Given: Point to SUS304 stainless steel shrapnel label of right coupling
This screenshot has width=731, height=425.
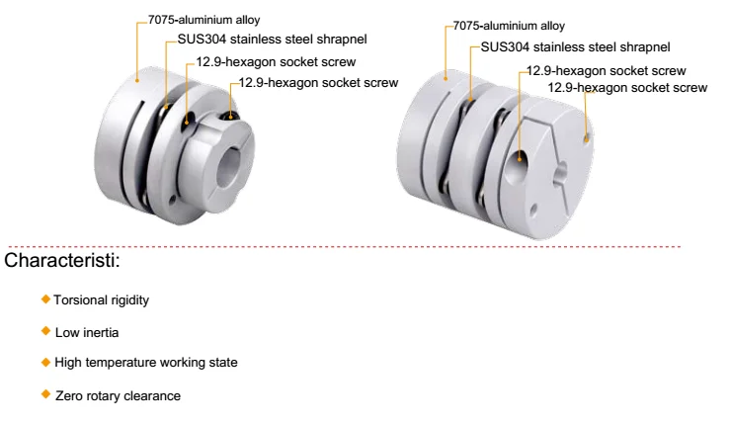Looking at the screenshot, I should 575,45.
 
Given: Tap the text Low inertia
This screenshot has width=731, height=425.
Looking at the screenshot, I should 87,331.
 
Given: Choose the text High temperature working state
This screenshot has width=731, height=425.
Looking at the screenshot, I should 146,363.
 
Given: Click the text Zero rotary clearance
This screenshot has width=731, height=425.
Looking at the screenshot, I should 118,395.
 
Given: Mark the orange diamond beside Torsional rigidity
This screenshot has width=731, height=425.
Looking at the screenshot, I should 45,298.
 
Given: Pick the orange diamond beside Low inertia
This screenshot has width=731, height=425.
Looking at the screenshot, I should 45,330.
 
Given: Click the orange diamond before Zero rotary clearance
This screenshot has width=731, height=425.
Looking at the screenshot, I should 45,394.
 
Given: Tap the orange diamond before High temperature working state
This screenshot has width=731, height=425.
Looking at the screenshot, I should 45,362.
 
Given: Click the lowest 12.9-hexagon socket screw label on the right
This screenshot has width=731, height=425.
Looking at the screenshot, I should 627,88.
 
